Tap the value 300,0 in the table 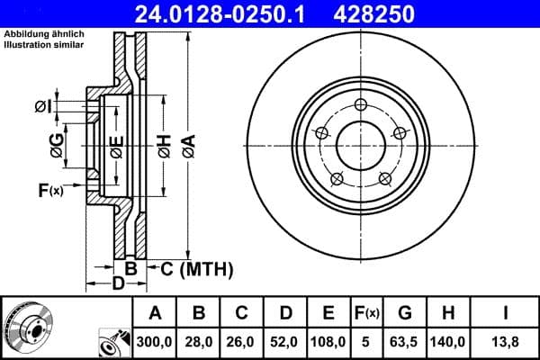click(155, 343)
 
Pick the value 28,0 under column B click(199, 343)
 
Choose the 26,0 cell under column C click(242, 343)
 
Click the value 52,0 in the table click(285, 343)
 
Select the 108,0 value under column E click(328, 343)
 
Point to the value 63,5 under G click(405, 343)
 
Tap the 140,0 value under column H click(448, 343)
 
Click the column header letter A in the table click(155, 313)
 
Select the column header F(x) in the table click(366, 313)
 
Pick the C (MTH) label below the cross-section click(196, 268)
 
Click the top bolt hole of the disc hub click(360, 103)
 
